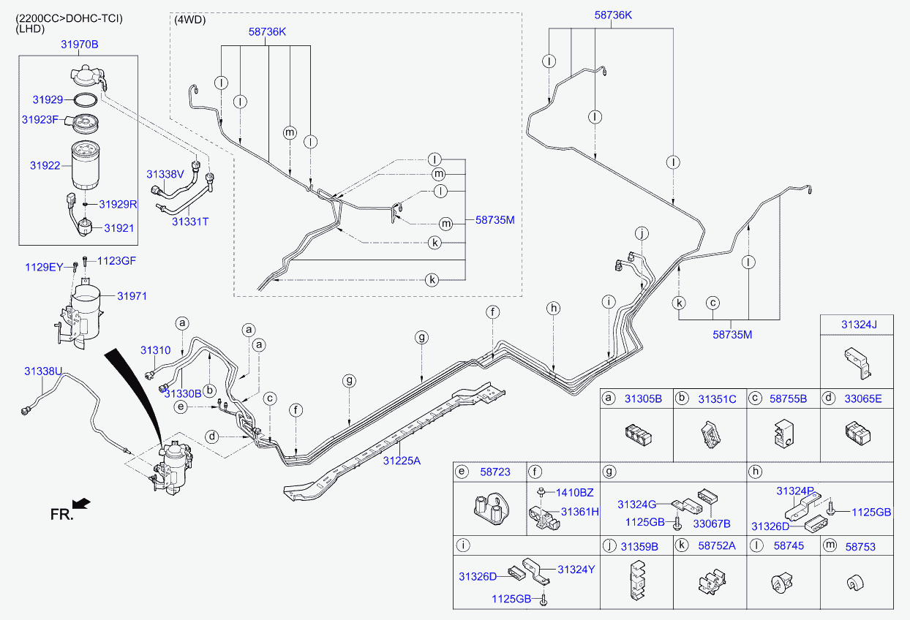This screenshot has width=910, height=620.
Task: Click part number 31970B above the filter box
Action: pos(79,45)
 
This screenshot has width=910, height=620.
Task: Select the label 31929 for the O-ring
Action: pos(46,99)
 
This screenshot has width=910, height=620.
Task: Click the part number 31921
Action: pos(119,228)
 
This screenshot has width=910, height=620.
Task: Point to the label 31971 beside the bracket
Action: pos(132,296)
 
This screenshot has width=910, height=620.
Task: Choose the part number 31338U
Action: pos(43,371)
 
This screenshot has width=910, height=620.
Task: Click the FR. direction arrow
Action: pos(82,503)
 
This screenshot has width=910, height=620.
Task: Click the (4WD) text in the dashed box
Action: pos(190,20)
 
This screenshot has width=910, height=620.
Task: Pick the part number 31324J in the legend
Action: pos(858,324)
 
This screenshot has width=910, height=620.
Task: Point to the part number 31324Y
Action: pos(576,569)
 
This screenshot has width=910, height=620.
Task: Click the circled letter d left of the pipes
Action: pos(211,437)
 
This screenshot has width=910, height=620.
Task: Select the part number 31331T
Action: pos(190,220)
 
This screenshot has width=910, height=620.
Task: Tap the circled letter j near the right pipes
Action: pos(642,234)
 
